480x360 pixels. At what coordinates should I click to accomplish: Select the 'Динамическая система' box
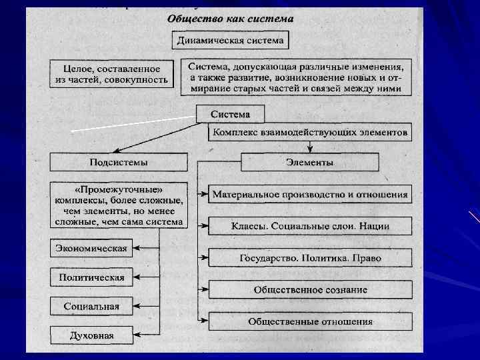(x=230, y=41)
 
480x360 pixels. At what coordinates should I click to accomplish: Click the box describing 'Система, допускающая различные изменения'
(x=295, y=77)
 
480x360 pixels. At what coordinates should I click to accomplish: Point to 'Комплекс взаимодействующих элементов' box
(x=309, y=133)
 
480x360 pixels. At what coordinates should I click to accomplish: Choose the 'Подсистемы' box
(x=119, y=162)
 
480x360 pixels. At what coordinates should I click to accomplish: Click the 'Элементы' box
(x=309, y=162)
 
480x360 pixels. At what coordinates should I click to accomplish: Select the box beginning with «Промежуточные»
(x=119, y=205)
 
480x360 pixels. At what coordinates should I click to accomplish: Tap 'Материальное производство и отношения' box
(x=309, y=195)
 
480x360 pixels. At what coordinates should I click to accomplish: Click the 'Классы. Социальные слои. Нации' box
(x=309, y=227)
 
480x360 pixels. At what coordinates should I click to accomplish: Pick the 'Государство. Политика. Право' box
(x=309, y=258)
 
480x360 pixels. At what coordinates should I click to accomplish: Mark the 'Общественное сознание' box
(x=309, y=289)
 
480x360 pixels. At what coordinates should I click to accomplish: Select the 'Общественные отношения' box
(x=309, y=321)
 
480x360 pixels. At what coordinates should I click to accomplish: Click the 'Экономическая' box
(x=91, y=248)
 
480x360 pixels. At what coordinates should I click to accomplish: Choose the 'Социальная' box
(x=91, y=306)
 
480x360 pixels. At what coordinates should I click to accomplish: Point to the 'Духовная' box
(x=91, y=335)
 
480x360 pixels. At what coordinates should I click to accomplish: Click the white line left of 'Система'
(x=133, y=123)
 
